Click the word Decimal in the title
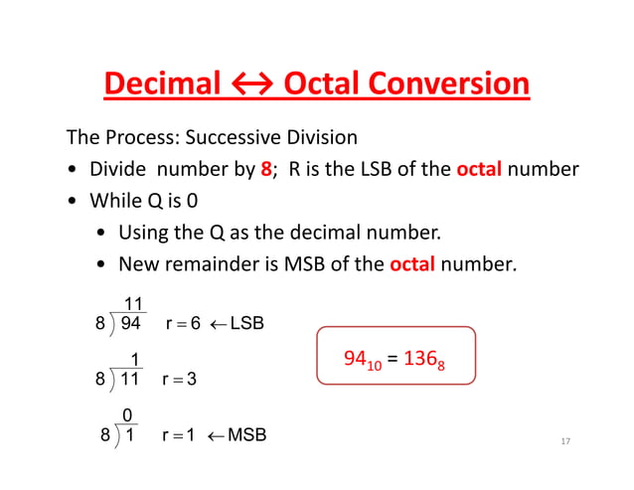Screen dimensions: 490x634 tap(163, 83)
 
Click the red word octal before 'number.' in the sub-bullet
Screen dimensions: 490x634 tap(412, 264)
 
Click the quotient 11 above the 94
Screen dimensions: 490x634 tap(131, 302)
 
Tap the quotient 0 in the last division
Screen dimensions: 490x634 tap(127, 414)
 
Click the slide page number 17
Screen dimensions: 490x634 tap(563, 440)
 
